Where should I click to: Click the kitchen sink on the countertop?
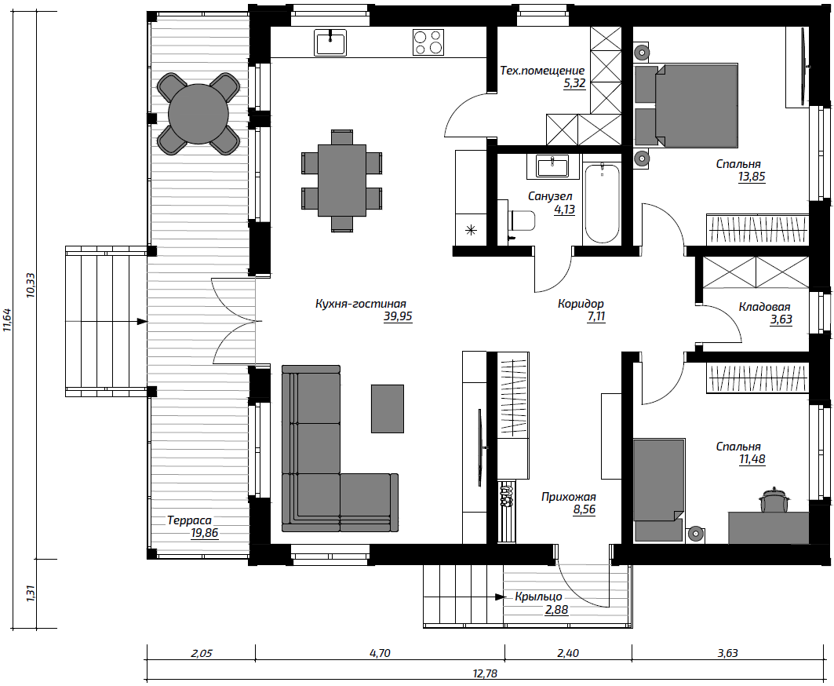pyautogui.click(x=330, y=42)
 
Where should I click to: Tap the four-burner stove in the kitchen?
pyautogui.click(x=428, y=42)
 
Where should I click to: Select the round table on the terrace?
pyautogui.click(x=198, y=113)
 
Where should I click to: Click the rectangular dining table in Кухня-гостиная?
pyautogui.click(x=341, y=181)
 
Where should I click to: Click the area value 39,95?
pyautogui.click(x=398, y=317)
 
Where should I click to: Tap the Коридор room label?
pyautogui.click(x=581, y=303)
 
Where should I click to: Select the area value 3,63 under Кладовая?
pyautogui.click(x=781, y=319)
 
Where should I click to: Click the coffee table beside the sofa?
pyautogui.click(x=388, y=409)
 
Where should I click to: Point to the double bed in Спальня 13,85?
pyautogui.click(x=687, y=105)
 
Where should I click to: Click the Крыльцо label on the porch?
pyautogui.click(x=538, y=597)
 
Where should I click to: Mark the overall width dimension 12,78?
pyautogui.click(x=485, y=673)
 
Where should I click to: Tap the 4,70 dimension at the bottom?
pyautogui.click(x=380, y=653)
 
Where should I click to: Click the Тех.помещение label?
pyautogui.click(x=542, y=71)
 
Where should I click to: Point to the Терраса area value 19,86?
pyautogui.click(x=204, y=533)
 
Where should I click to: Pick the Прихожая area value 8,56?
pyautogui.click(x=584, y=509)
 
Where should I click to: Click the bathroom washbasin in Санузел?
pyautogui.click(x=552, y=166)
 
